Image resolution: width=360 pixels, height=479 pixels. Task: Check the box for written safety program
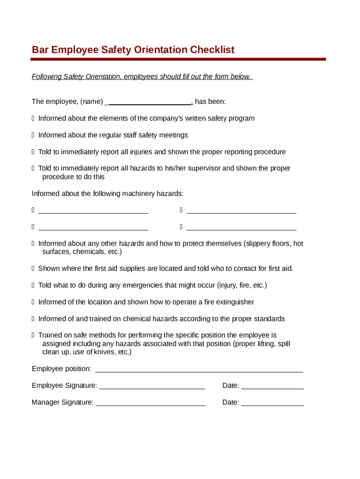click(x=33, y=119)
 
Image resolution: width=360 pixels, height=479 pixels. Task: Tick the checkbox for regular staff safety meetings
click(x=33, y=136)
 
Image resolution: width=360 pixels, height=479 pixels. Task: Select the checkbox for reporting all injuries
click(x=33, y=152)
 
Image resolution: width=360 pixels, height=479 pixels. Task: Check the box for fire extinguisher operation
click(x=33, y=303)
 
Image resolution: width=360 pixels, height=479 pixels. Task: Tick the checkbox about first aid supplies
click(x=33, y=269)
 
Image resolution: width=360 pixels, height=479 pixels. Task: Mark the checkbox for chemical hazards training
click(x=33, y=319)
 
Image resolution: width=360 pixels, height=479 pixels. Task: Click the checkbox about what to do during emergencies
click(x=33, y=286)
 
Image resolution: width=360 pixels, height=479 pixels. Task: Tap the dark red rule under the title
click(x=178, y=59)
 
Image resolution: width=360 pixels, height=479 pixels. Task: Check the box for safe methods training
click(x=33, y=336)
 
